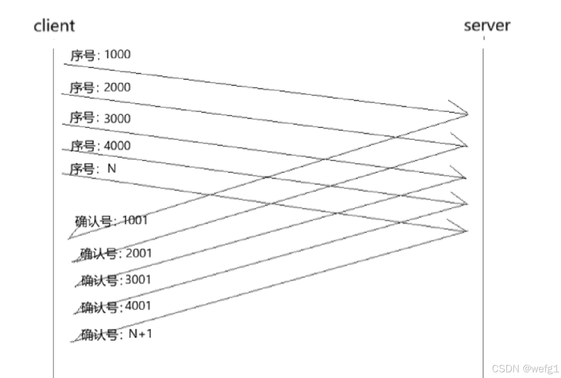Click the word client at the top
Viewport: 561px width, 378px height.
pyautogui.click(x=54, y=26)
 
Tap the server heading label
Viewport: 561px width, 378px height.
pyautogui.click(x=487, y=25)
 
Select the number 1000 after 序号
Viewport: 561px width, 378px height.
pyautogui.click(x=117, y=54)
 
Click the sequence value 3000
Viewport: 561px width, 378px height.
pyautogui.click(x=117, y=118)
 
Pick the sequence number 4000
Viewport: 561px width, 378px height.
pyautogui.click(x=117, y=145)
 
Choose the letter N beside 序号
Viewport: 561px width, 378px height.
pyautogui.click(x=111, y=168)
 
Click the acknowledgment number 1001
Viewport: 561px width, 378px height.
pyautogui.click(x=135, y=220)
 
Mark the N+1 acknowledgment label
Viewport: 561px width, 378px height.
pyautogui.click(x=141, y=334)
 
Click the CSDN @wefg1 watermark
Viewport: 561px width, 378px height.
pyautogui.click(x=525, y=369)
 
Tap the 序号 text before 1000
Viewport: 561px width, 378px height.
pyautogui.click(x=83, y=55)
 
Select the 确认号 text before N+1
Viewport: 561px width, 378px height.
pyautogui.click(x=100, y=335)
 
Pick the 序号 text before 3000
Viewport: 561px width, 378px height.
pyautogui.click(x=82, y=118)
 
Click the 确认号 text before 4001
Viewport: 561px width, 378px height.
pyautogui.click(x=100, y=307)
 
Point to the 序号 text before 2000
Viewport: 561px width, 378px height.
pyautogui.click(x=82, y=88)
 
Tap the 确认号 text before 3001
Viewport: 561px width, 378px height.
pyautogui.click(x=100, y=280)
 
